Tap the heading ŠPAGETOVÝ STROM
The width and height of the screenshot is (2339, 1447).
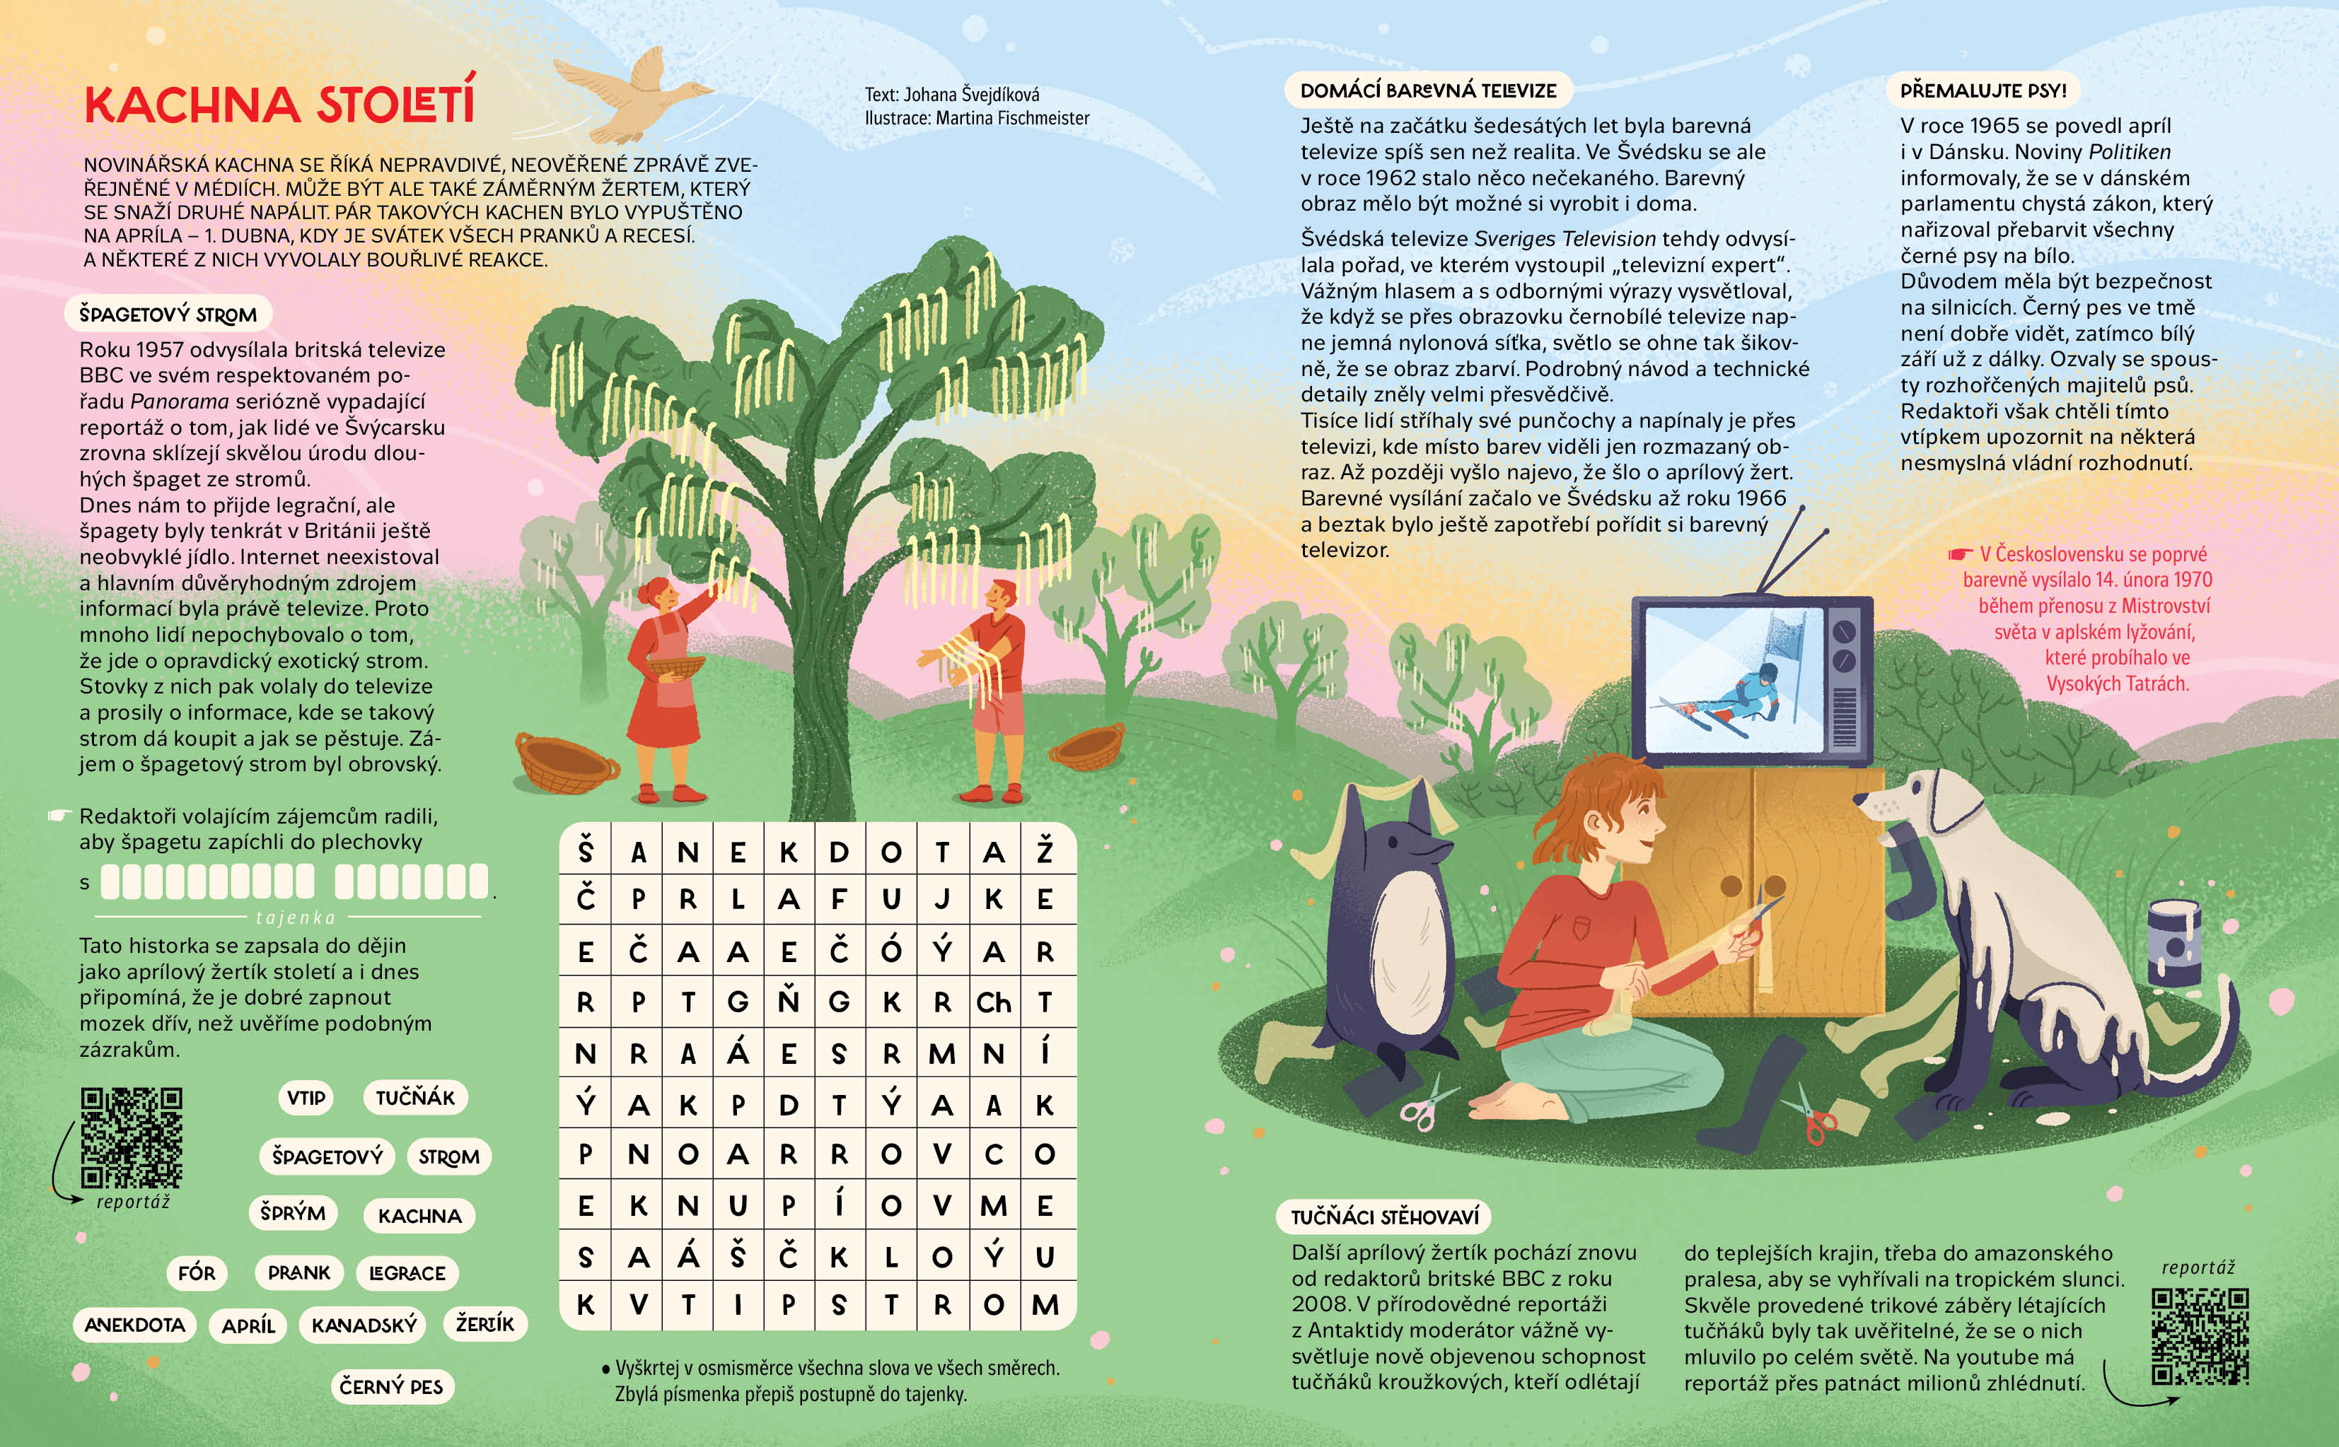coord(168,314)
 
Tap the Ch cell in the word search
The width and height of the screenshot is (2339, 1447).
coord(994,1002)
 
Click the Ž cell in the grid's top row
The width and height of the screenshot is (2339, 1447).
coord(1045,851)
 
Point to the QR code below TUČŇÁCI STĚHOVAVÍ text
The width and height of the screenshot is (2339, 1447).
coord(2200,1336)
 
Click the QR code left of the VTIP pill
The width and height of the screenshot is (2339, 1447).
coord(131,1137)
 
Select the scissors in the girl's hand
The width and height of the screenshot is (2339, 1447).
coord(1757,919)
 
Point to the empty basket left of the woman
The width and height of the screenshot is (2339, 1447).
coord(566,763)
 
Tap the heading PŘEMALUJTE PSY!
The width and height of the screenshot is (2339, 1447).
coord(1983,91)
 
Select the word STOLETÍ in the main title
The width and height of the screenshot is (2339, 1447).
coord(395,105)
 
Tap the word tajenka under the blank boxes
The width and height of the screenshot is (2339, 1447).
coord(296,918)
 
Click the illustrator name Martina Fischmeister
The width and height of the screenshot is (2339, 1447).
coord(1012,118)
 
